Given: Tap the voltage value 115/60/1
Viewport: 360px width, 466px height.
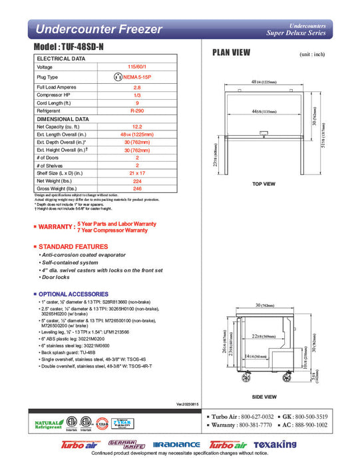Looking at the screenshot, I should [x=136, y=67].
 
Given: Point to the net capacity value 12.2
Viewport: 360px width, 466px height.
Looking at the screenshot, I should [x=136, y=126].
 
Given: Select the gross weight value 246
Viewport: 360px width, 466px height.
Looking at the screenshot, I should [x=136, y=188].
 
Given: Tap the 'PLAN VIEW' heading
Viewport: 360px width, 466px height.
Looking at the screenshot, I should [x=231, y=53].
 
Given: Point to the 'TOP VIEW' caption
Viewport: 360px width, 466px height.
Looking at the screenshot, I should [x=264, y=184].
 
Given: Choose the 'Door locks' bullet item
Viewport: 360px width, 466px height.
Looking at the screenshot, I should [x=55, y=277].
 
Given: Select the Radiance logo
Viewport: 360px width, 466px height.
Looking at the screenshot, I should [x=176, y=445].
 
